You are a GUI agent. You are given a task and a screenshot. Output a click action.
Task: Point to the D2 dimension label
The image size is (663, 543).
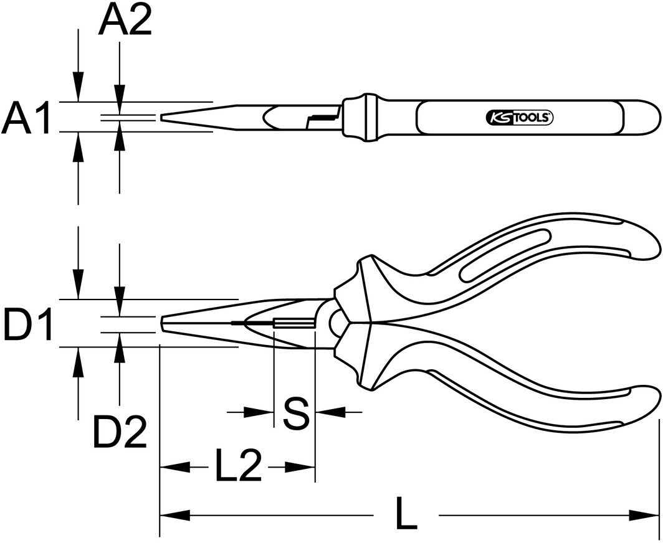[x=120, y=432]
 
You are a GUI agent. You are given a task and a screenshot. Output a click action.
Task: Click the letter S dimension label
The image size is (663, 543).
[x=295, y=413]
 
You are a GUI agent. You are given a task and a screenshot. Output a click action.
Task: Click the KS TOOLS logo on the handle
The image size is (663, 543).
[x=518, y=117]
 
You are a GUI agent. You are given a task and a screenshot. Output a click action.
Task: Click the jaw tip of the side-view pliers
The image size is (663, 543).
[x=164, y=324]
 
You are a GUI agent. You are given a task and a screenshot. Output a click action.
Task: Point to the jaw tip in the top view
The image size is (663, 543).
[x=164, y=116]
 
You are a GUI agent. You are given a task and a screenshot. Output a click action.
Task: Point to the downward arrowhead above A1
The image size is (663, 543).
[x=78, y=87]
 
